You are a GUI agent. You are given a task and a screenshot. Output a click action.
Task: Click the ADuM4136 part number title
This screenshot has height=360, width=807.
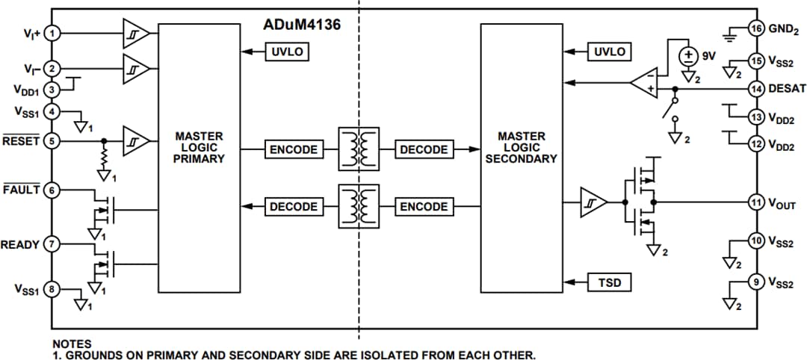point(302,24)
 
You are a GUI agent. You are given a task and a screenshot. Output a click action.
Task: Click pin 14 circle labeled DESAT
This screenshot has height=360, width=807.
point(757,88)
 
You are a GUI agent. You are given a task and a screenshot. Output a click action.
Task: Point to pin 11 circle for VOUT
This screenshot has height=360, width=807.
point(757,201)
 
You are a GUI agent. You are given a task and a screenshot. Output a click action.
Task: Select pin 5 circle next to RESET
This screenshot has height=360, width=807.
point(52,140)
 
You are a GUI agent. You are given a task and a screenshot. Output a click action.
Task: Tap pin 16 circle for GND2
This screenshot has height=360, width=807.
point(757,29)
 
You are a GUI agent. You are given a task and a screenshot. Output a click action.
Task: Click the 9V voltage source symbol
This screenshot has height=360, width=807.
point(685,56)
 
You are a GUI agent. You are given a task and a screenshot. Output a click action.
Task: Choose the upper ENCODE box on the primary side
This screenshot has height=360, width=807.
point(293,149)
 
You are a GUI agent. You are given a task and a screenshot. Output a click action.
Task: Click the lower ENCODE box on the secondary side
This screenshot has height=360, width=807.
point(424,207)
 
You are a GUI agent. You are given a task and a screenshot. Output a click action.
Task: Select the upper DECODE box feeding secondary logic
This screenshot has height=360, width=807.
point(424,149)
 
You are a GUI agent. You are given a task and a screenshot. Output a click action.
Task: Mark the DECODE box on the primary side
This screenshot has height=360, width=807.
point(293,207)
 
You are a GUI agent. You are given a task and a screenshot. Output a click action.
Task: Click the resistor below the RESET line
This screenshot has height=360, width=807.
point(104,159)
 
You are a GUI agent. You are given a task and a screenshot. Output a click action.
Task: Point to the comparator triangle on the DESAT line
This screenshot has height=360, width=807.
point(643,84)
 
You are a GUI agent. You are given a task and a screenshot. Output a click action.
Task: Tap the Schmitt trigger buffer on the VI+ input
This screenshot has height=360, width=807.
point(135,34)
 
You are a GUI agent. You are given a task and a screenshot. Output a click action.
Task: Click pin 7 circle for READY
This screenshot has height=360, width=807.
point(52,244)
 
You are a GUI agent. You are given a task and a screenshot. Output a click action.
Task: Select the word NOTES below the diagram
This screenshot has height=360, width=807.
point(72,343)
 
